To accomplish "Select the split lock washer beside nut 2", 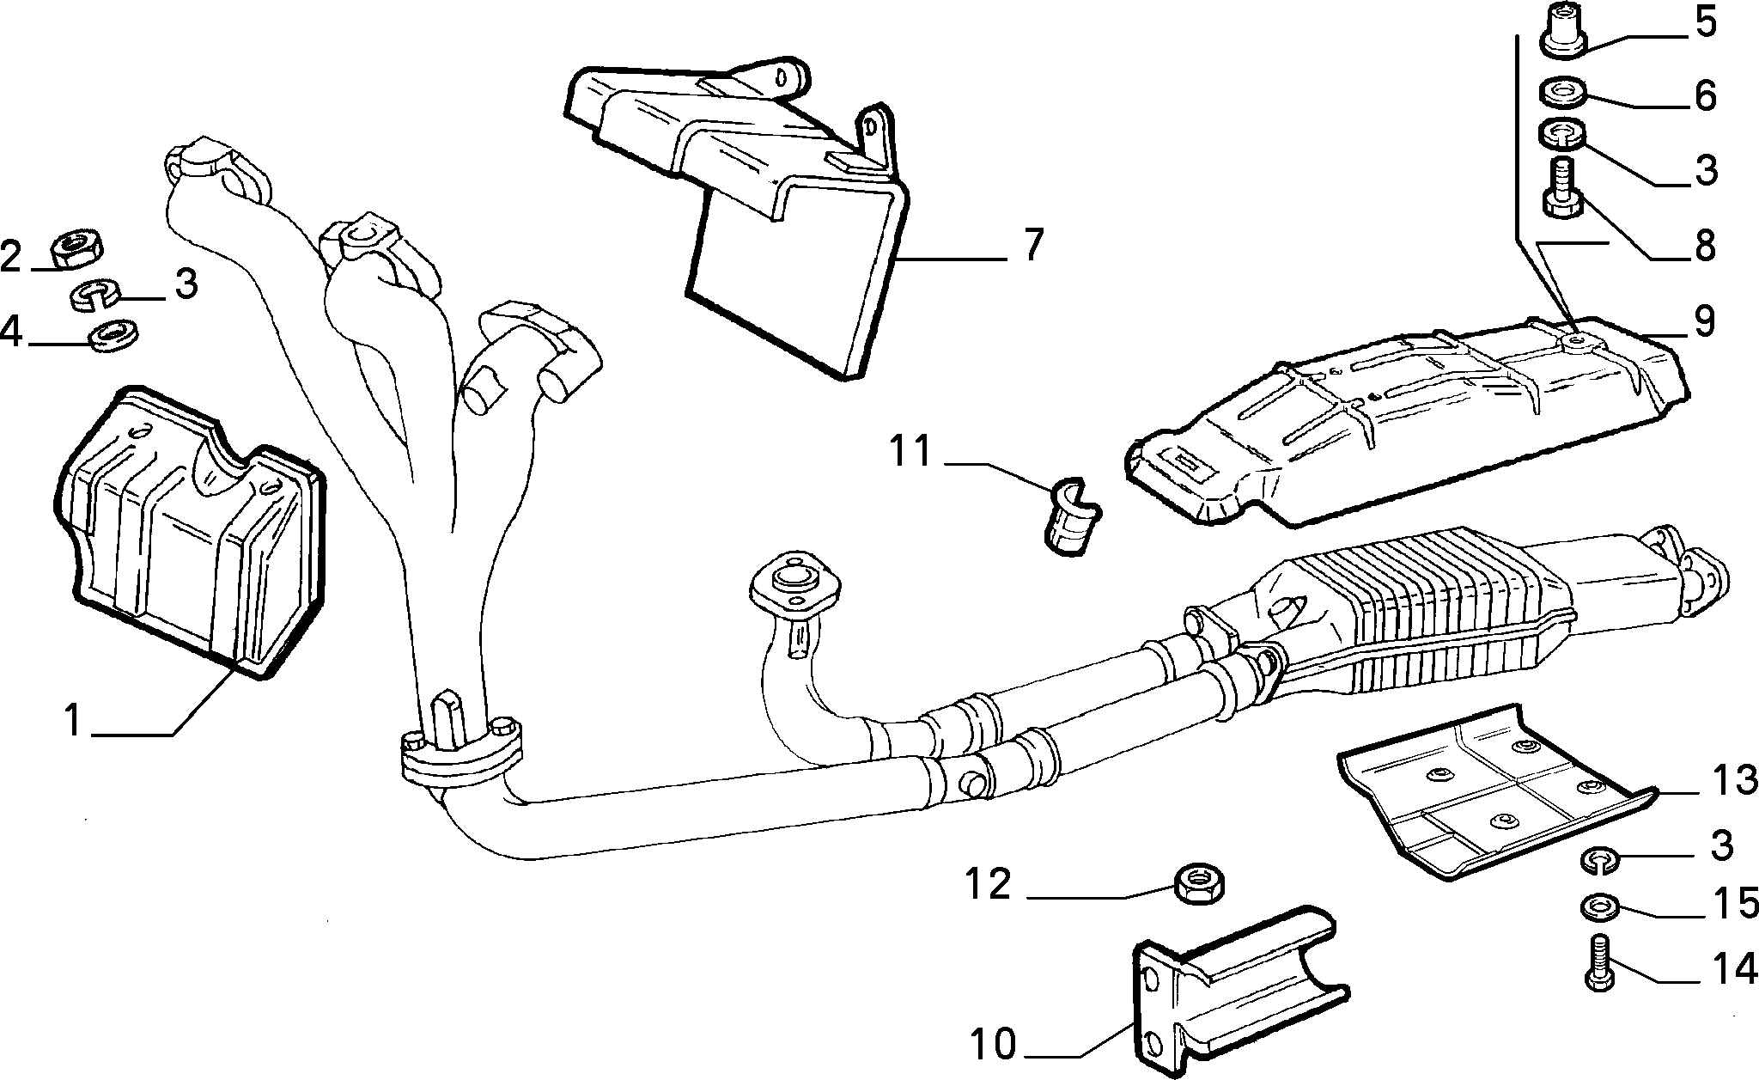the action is pyautogui.click(x=94, y=295).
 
